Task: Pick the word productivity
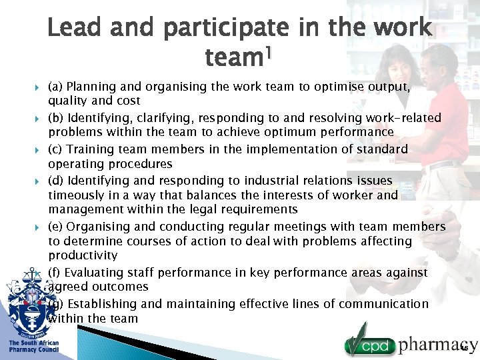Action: click(83, 255)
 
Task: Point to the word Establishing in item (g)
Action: click(101, 304)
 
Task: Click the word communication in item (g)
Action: click(383, 304)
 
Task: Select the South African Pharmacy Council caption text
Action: click(33, 346)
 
